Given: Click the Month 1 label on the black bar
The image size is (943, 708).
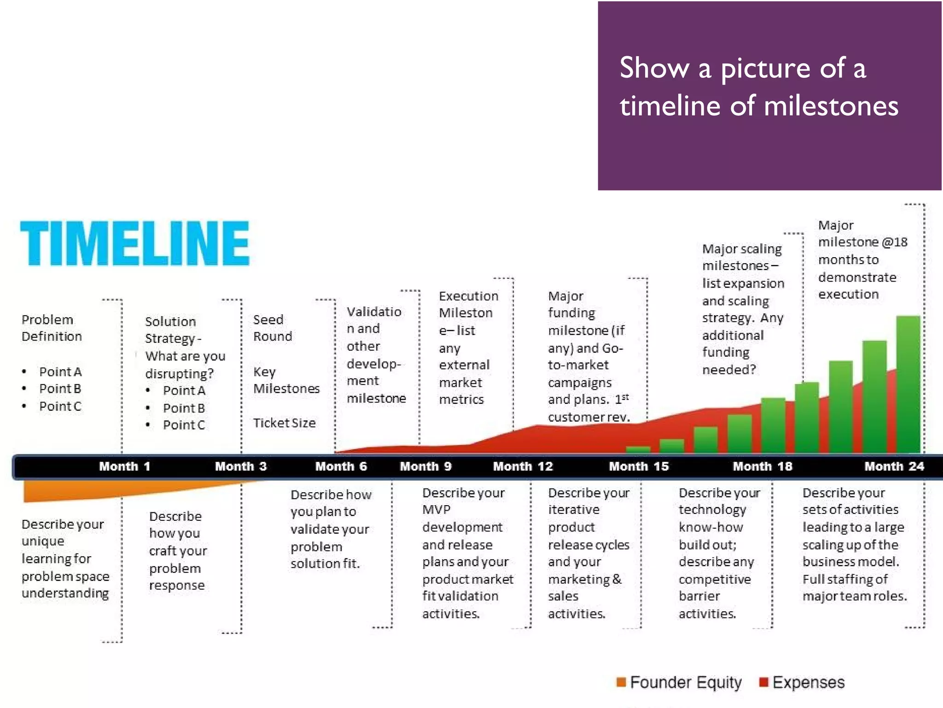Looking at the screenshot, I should [124, 466].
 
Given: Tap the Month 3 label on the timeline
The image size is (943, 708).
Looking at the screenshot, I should [240, 466].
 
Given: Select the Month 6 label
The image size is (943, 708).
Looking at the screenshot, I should [341, 466].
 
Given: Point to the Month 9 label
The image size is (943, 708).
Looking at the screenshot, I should [425, 466].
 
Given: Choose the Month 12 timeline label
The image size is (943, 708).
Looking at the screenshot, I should [523, 466].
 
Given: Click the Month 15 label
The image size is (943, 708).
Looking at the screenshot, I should [639, 466].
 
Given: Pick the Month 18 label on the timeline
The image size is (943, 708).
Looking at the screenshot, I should [763, 466].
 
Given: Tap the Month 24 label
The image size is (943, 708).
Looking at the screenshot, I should [894, 466].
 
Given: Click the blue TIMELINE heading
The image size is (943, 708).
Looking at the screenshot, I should [134, 243].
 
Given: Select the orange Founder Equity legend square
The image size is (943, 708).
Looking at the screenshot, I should [621, 682].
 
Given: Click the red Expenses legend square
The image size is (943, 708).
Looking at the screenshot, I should [763, 682].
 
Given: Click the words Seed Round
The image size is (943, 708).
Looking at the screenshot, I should [272, 328].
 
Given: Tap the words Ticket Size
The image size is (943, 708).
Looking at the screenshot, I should [284, 423].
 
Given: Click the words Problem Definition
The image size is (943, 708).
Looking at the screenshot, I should [52, 328].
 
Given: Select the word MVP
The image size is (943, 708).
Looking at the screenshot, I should [436, 510].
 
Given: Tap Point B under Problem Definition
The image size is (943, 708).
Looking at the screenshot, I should [60, 389].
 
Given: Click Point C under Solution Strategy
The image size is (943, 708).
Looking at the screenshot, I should [184, 425].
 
